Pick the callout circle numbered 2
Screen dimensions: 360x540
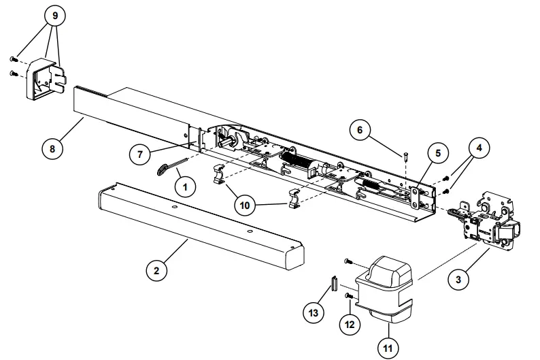coord(156,270)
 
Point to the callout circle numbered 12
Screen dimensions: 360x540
coord(349,325)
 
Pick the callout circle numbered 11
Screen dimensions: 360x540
coord(388,348)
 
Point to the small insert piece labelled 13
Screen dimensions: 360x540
coord(334,282)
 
